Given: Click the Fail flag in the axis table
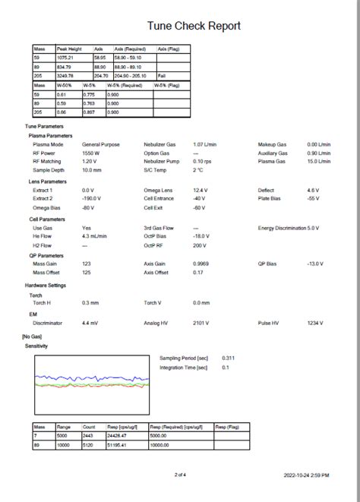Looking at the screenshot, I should click(162, 76).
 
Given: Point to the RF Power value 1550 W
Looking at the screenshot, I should click(90, 153).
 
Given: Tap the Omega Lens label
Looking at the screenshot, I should click(157, 190).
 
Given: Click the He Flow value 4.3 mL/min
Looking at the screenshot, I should click(94, 236).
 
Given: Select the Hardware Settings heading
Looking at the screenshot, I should click(46, 286).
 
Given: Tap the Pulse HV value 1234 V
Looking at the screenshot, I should click(315, 323).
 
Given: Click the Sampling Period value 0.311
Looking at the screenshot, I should click(227, 357).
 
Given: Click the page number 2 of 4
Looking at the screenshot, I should click(180, 475).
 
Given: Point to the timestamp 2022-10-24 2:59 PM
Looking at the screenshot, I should click(307, 475).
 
